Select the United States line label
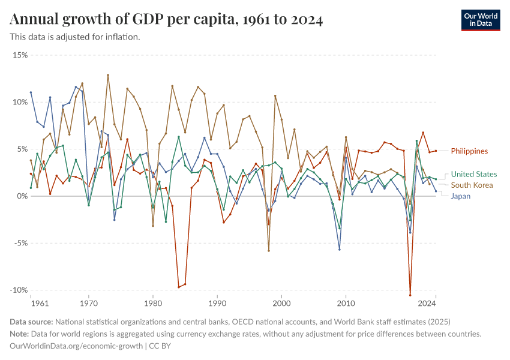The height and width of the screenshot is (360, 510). tap(473, 175)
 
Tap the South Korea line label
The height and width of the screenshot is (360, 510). tap(472, 185)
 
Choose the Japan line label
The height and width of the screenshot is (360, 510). tap(461, 196)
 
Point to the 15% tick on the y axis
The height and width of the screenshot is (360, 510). tap(20, 55)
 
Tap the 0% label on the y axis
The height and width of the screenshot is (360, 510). tap(22, 196)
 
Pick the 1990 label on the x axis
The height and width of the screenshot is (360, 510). tap(217, 304)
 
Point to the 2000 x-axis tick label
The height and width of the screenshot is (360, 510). tap(281, 304)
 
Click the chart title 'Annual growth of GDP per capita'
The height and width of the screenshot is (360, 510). tap(167, 20)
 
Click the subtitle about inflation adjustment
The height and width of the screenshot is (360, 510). tap(75, 37)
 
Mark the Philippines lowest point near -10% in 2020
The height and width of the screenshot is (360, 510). tap(410, 295)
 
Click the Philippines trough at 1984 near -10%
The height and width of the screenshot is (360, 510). tap(179, 287)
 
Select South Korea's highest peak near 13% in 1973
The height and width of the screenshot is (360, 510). tap(108, 75)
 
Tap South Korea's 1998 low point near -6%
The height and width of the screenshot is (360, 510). tap(269, 251)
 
